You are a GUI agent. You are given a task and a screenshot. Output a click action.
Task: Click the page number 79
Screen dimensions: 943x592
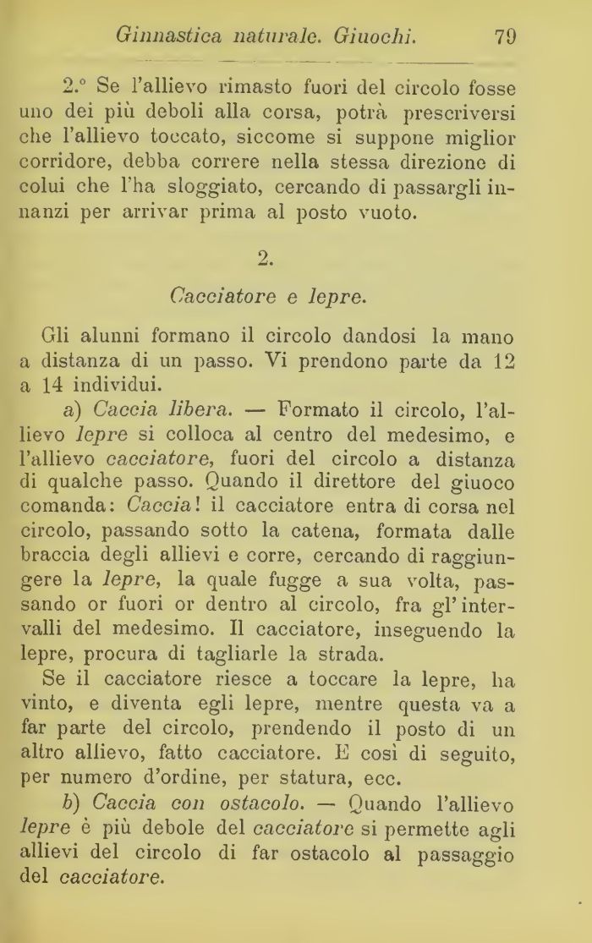coord(501,36)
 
